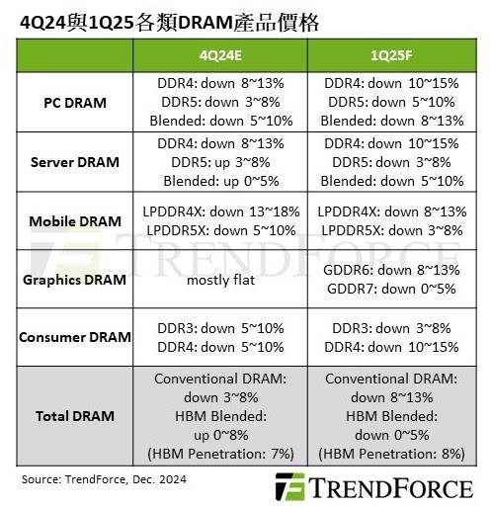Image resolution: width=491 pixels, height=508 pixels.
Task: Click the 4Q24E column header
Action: [220, 55]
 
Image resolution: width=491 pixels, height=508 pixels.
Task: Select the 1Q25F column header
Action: [391, 55]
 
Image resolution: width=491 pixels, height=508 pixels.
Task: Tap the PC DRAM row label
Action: [75, 103]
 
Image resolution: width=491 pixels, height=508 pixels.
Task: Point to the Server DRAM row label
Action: [75, 162]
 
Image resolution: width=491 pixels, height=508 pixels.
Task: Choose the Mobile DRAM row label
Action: [75, 221]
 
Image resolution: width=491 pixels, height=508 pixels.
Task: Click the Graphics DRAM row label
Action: [75, 280]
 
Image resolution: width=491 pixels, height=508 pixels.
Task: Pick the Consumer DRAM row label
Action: [75, 337]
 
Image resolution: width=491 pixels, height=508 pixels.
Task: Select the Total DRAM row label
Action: [75, 416]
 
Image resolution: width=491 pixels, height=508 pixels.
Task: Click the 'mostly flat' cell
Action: [221, 281]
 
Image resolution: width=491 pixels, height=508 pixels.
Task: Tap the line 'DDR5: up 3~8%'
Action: [220, 162]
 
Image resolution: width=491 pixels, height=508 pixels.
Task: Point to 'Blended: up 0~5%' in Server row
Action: [221, 181]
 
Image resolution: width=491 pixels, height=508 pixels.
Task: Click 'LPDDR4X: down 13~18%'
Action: [221, 212]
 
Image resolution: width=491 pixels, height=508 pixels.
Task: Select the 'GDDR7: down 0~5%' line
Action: [391, 289]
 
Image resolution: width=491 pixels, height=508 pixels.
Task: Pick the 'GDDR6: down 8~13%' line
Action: [391, 270]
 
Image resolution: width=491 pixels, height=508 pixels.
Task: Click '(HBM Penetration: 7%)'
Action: [220, 454]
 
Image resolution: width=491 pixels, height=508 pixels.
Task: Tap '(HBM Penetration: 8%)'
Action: [391, 454]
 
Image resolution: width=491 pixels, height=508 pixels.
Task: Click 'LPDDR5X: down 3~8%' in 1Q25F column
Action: [392, 230]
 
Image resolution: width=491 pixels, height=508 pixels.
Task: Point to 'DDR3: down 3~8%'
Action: [391, 328]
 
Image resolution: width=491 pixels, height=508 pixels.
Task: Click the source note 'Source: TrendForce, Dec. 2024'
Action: [104, 479]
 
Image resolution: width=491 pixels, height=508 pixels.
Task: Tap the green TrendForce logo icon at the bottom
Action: [290, 487]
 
